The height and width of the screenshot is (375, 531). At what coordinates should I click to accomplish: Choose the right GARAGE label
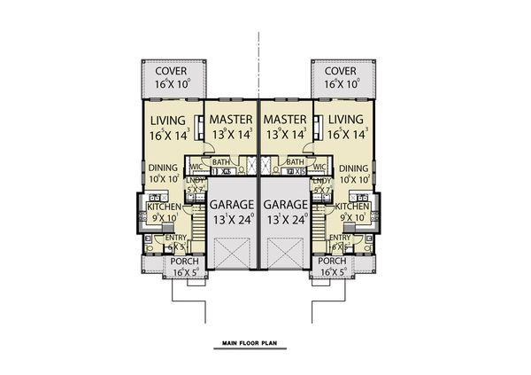click(x=284, y=203)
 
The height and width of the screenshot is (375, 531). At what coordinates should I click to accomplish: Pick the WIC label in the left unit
click(x=194, y=165)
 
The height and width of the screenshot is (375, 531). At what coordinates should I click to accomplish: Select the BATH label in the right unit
click(x=296, y=162)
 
